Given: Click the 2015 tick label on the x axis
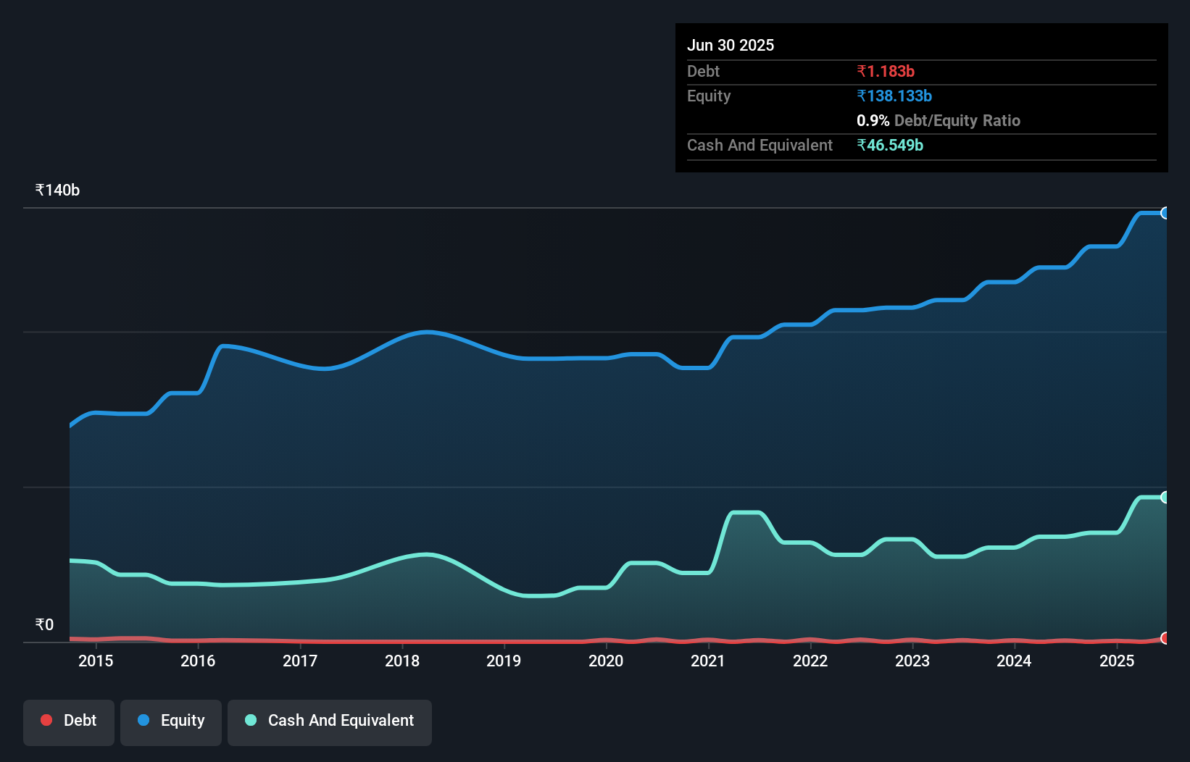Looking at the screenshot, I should [96, 661].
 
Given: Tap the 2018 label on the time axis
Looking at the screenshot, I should [402, 661].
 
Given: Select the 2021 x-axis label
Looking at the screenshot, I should [708, 661].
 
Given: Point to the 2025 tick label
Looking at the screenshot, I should [1117, 661].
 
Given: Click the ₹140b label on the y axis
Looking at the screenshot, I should [57, 190].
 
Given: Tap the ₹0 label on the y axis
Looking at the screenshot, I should [44, 624].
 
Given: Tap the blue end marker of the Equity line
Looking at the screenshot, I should [1165, 213].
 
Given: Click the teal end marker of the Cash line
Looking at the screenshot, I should [1165, 497].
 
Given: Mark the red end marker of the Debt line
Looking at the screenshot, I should [1165, 638].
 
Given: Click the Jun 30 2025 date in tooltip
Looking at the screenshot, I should [731, 45].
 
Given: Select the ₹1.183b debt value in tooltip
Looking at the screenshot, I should [886, 71].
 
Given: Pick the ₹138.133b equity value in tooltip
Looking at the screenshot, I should [894, 96].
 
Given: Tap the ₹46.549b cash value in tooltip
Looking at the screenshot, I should [890, 145].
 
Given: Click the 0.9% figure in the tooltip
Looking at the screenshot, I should [873, 120].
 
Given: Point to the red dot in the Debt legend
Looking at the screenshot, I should [46, 720].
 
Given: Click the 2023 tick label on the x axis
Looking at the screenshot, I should [912, 661].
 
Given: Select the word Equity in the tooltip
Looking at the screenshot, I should [709, 96].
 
